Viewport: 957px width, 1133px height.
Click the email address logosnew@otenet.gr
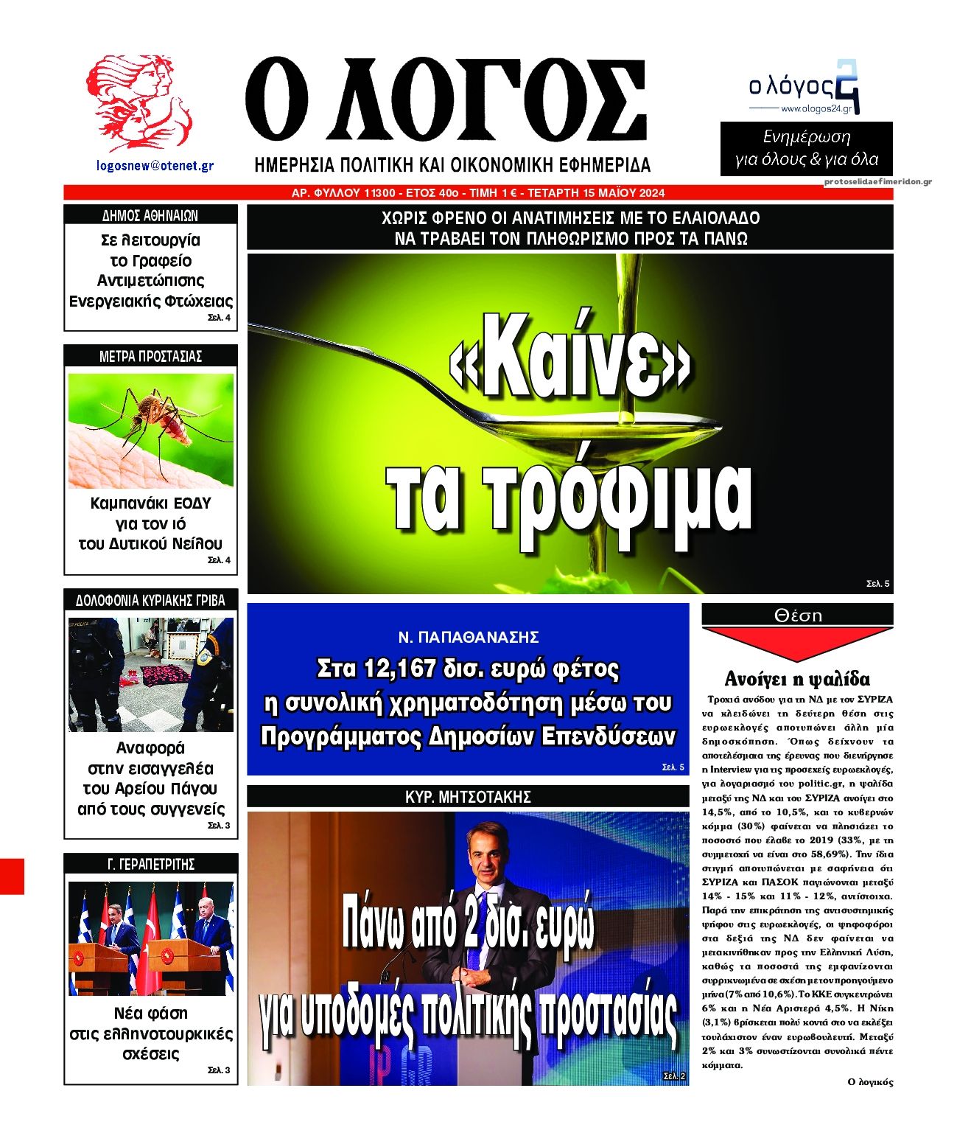pos(155,166)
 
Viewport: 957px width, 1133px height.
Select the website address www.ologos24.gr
pos(816,109)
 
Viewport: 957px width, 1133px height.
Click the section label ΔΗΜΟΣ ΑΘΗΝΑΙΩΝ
pos(150,216)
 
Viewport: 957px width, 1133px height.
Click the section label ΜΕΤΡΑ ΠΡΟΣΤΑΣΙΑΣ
pos(150,356)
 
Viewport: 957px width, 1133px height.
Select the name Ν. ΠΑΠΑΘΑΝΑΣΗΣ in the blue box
pos(468,637)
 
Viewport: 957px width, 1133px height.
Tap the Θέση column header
pos(798,615)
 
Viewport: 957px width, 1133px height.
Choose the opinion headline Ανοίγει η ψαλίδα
pos(797,679)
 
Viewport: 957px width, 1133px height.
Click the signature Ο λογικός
pos(870,1082)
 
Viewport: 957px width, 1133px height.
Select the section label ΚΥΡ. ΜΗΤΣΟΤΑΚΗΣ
pos(468,797)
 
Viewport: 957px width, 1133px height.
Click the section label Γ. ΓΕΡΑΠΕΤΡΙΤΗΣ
pos(150,864)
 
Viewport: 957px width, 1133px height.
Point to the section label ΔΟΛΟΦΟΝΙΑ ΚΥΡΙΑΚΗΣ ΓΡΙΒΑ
pos(150,600)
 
